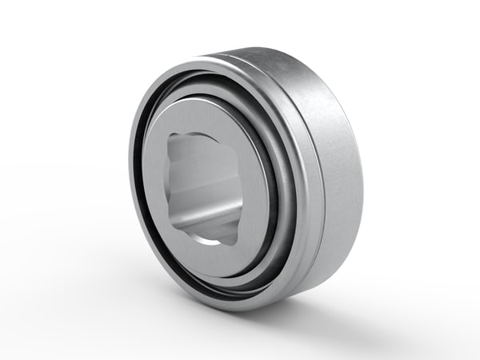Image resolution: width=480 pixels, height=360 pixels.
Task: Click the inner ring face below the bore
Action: coord(208,254)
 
